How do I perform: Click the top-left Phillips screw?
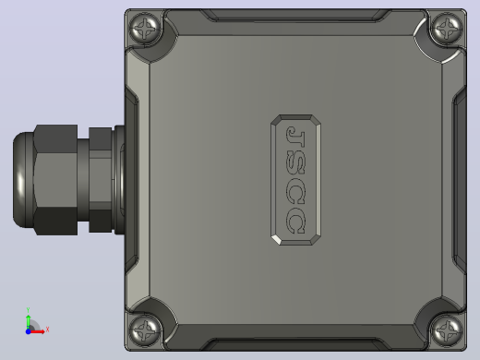(x=145, y=29)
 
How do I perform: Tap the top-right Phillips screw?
(x=447, y=29)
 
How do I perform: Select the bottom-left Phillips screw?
(x=145, y=330)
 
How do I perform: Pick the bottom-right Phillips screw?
(x=447, y=330)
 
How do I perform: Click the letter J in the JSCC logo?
(x=295, y=136)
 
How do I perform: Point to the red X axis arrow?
(x=37, y=331)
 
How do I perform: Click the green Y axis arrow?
(x=29, y=322)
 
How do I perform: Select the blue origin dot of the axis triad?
(x=28, y=331)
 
